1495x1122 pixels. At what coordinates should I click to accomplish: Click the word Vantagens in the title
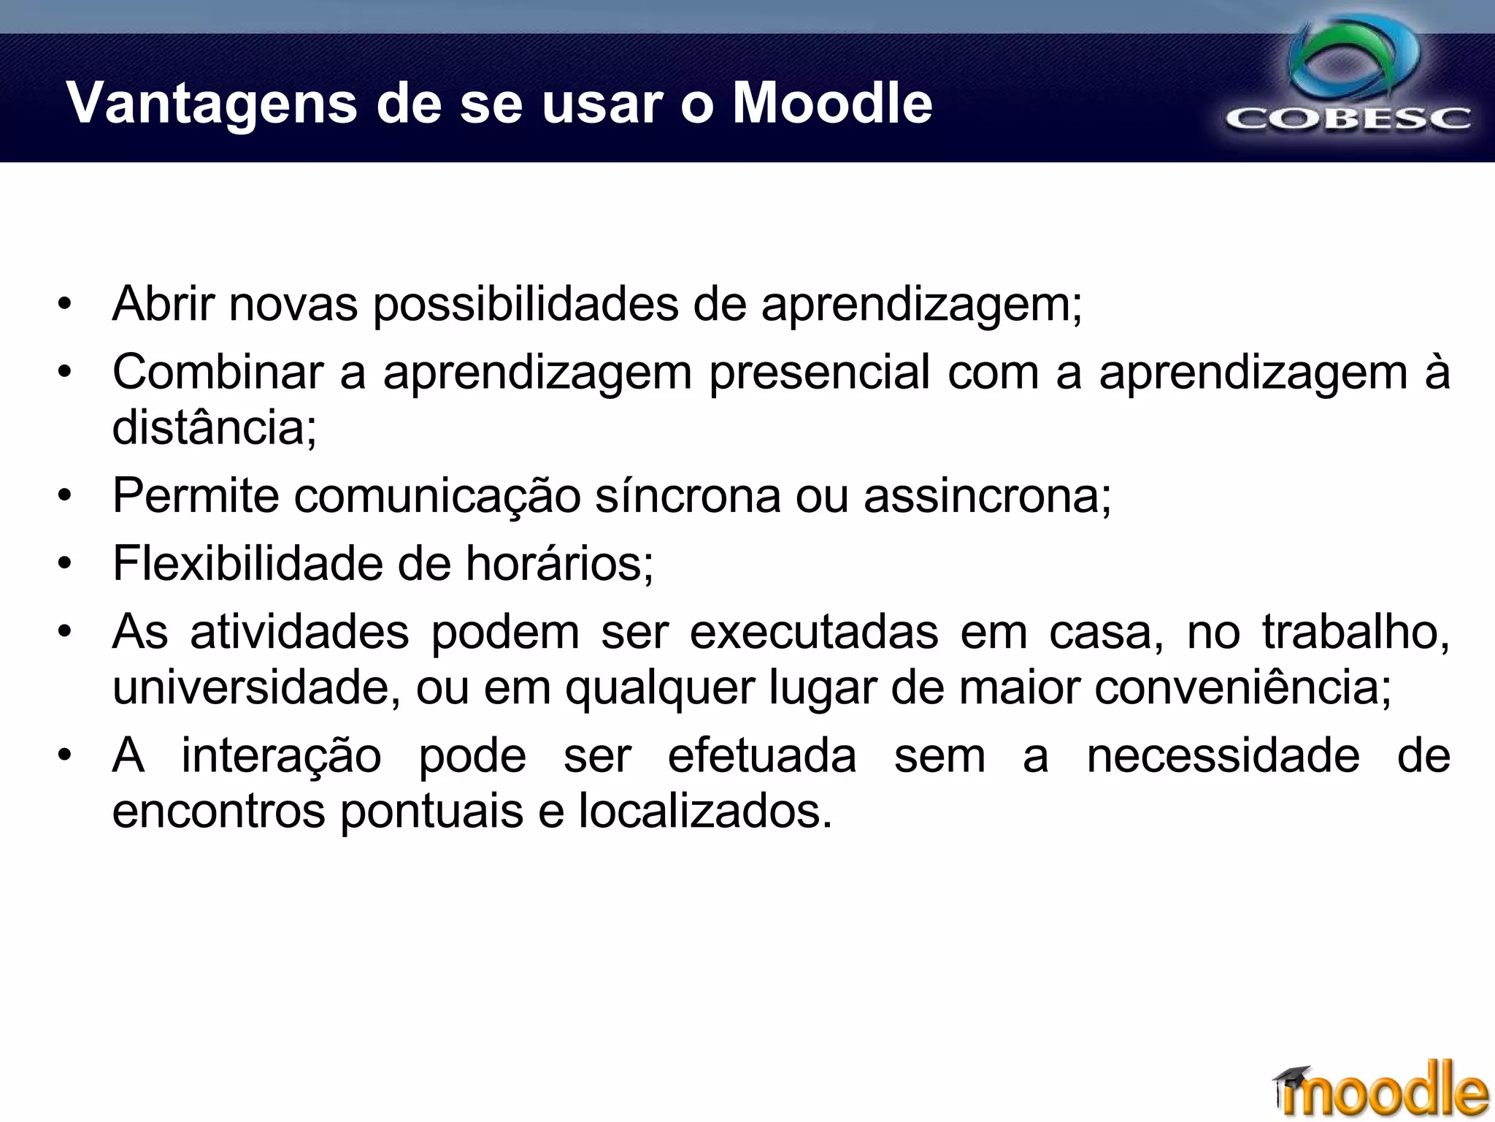[x=212, y=104]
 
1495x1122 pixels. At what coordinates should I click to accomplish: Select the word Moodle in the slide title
[x=832, y=103]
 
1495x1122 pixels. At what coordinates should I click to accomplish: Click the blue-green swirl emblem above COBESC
[x=1355, y=61]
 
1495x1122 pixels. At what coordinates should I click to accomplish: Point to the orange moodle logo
[x=1387, y=1091]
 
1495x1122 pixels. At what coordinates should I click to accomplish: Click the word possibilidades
[x=526, y=305]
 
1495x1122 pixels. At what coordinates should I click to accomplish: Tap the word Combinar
[x=217, y=372]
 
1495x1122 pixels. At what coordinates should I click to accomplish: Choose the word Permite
[x=195, y=495]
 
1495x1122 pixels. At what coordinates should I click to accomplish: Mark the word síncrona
[x=688, y=495]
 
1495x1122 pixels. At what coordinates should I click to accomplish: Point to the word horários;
[x=559, y=564]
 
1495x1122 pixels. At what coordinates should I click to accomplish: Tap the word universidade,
[x=256, y=687]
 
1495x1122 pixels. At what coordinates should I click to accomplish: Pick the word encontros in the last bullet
[x=218, y=811]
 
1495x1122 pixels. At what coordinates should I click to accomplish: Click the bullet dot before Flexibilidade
[x=65, y=564]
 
